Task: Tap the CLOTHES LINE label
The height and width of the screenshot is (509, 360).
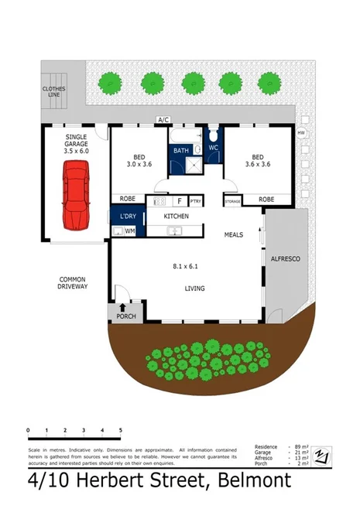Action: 54,93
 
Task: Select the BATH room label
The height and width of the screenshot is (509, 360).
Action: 181,150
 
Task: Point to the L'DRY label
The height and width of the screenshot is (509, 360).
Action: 125,217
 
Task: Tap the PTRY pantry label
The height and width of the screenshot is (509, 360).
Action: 195,200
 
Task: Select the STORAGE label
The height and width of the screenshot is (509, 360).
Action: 233,200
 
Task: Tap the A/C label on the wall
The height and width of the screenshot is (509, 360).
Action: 163,120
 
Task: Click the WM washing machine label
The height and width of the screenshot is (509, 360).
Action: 130,231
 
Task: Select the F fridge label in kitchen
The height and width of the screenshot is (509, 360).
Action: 179,200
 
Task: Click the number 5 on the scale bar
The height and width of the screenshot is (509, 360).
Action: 120,430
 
